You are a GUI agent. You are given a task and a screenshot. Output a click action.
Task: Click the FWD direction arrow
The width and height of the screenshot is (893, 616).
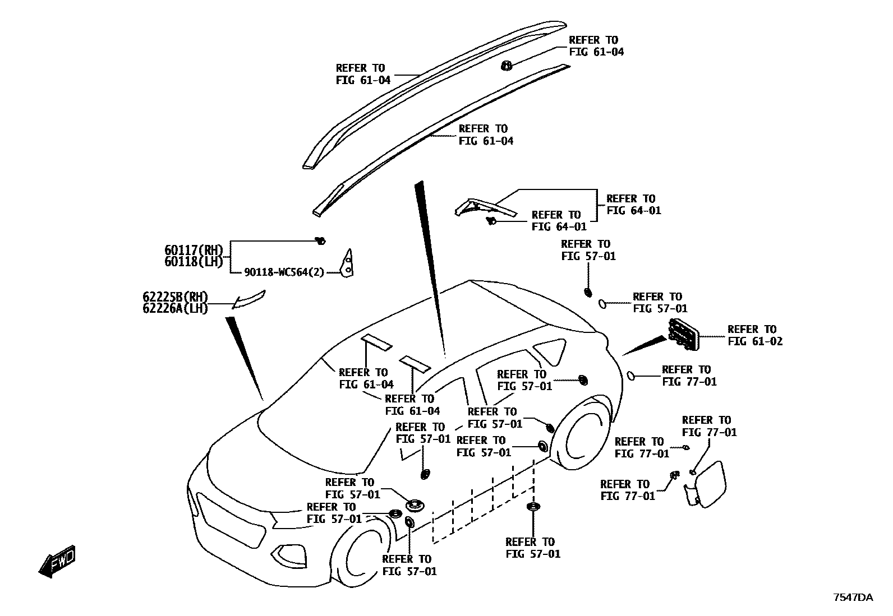(x=57, y=562)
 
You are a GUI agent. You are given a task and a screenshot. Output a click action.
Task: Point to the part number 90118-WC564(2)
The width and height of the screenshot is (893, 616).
(x=284, y=272)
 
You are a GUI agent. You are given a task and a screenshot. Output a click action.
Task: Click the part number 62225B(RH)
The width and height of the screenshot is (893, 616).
(x=175, y=297)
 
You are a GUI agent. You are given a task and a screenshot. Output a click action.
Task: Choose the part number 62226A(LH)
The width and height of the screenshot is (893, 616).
(x=175, y=308)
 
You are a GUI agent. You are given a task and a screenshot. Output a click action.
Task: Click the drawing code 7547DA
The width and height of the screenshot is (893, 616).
(x=852, y=598)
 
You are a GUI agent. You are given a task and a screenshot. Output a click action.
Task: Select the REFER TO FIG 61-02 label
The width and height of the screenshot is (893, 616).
(x=755, y=335)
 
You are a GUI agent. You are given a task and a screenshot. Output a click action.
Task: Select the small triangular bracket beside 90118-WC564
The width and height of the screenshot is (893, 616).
(x=348, y=263)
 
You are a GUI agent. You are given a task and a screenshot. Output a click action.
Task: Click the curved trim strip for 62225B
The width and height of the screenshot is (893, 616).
(x=250, y=300)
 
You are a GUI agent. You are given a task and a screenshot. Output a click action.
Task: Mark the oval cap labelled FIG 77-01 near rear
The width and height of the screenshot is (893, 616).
(x=631, y=376)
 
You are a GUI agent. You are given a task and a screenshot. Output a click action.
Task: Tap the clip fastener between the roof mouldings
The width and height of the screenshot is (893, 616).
(x=506, y=66)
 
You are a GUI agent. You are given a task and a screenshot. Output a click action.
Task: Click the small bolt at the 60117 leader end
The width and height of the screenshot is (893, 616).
(x=321, y=241)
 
